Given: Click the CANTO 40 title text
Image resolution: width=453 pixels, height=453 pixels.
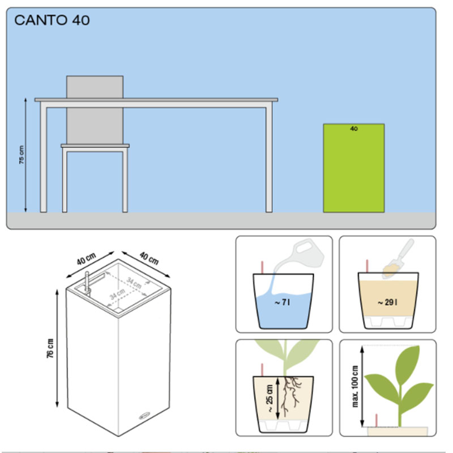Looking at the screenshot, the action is pos(52,20).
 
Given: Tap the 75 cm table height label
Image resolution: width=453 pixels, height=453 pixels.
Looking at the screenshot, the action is pos(22,155).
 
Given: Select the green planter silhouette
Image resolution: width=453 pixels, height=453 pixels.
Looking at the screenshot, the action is pos(353,168).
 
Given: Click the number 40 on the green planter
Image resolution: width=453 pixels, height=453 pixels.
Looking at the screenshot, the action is pos(354,129).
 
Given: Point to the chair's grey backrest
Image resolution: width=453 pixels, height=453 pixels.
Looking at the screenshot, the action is pos(95,110).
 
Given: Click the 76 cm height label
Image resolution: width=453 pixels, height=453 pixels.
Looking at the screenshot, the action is pos(50,348).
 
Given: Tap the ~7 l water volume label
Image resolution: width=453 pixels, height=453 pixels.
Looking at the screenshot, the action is pos(282,302).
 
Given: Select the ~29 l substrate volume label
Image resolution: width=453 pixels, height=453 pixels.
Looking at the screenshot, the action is pos(387,302).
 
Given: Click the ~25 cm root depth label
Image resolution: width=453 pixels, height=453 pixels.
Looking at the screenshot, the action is pos(270,399).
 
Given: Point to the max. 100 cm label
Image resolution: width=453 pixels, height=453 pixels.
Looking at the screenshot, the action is pos(355,386).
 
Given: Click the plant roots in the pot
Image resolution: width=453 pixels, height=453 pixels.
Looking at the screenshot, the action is pos(290,396).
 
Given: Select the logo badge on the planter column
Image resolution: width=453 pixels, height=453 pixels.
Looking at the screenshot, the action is pos(144,416).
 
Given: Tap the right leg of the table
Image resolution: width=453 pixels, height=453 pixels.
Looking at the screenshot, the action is pos(269,160).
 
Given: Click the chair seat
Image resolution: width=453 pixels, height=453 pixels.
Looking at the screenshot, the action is pos(95,146).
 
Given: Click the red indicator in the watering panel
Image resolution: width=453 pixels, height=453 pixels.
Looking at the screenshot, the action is pos(262,267).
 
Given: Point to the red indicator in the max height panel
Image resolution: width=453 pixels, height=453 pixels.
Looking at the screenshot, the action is pos(377,420).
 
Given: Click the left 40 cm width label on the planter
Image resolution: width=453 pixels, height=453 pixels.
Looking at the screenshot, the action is pos(86,259).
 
